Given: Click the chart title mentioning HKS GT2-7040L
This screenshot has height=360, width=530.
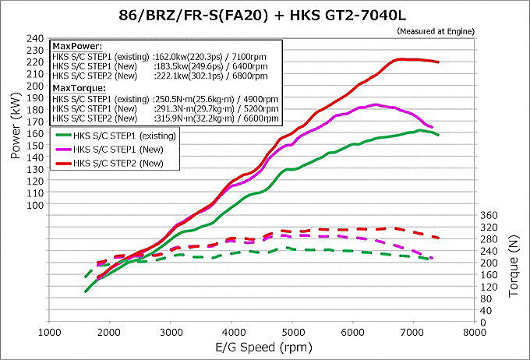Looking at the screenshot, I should tap(264, 15).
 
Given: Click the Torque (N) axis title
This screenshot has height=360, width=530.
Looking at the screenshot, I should tap(514, 269).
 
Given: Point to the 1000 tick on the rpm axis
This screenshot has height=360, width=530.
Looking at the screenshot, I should tap(51, 331).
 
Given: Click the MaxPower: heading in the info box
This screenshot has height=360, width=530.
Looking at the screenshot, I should tap(73, 47).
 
